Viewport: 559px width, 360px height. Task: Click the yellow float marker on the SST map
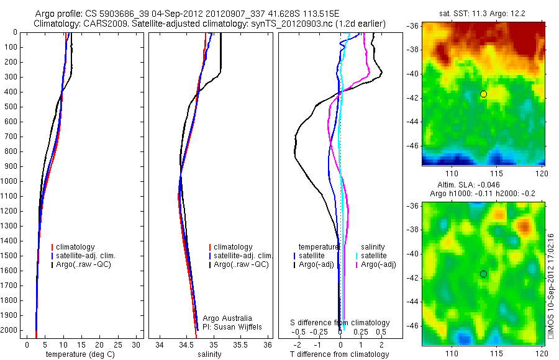pos(483,94)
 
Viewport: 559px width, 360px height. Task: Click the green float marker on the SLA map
pos(483,274)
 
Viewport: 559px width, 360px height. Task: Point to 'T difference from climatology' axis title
pos(340,354)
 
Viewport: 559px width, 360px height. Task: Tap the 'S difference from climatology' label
pos(340,323)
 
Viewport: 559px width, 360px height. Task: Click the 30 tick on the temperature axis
pos(138,344)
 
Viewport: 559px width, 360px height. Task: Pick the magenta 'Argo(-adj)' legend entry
pos(378,264)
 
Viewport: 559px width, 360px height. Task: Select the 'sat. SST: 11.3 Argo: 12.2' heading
pos(483,14)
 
